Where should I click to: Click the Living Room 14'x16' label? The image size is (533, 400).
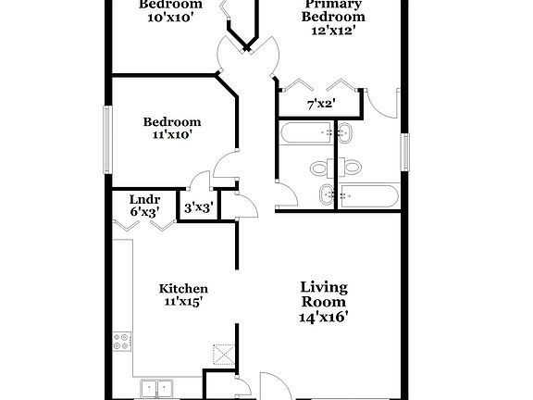coord(323,301)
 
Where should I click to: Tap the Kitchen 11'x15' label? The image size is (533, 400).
coord(182,294)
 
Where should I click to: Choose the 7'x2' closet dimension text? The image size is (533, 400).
coord(320,103)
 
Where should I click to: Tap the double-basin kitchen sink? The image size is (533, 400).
coord(157,387)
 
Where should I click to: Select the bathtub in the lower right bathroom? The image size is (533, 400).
coord(368,195)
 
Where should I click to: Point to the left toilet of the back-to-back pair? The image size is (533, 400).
coord(321,169)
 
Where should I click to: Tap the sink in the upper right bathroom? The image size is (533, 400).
coord(344,133)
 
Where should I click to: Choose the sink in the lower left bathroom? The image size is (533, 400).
coord(326,194)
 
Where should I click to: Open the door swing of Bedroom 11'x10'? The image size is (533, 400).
coord(223,164)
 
